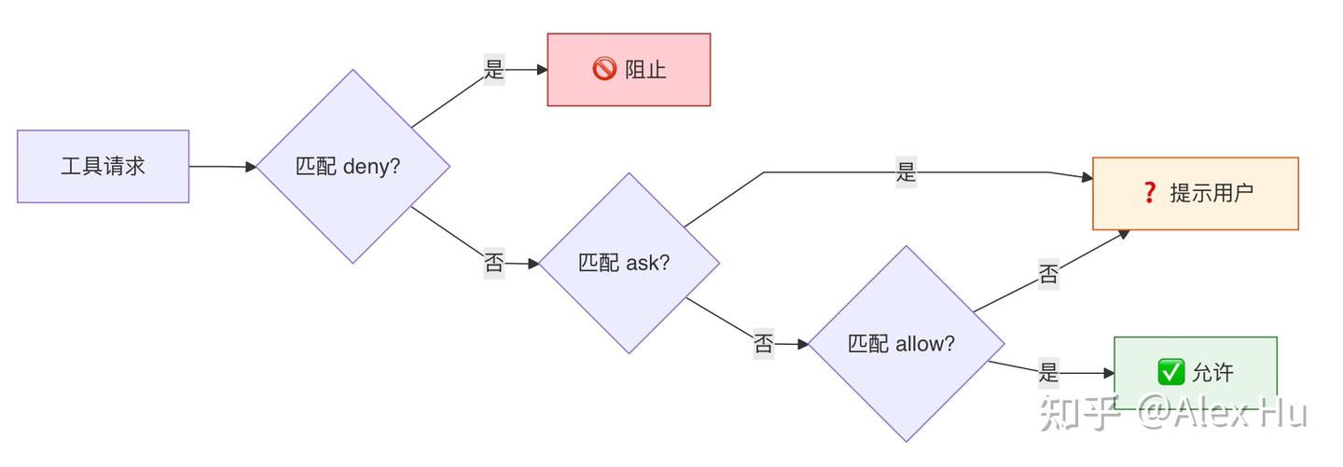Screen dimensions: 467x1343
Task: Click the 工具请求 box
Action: pyautogui.click(x=103, y=167)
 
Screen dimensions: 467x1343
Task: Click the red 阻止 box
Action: pyautogui.click(x=629, y=70)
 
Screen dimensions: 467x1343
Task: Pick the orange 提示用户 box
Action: pyautogui.click(x=1195, y=193)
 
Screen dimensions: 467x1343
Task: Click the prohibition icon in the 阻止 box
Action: pyautogui.click(x=604, y=69)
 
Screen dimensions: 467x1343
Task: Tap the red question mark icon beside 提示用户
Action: pyautogui.click(x=1149, y=193)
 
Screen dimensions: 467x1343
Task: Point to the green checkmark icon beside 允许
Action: pyautogui.click(x=1170, y=372)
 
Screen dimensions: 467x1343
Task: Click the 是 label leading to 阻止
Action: pyautogui.click(x=493, y=69)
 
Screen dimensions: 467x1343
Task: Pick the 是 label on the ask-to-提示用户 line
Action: pyautogui.click(x=906, y=172)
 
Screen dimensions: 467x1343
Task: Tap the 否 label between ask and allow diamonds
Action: pyautogui.click(x=763, y=344)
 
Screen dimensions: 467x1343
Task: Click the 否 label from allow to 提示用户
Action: pyautogui.click(x=1048, y=275)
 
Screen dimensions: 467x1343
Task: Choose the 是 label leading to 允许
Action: pyautogui.click(x=1048, y=373)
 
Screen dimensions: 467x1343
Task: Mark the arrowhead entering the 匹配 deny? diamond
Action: pyautogui.click(x=251, y=167)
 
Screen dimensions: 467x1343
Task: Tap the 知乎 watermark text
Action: pyautogui.click(x=1080, y=412)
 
